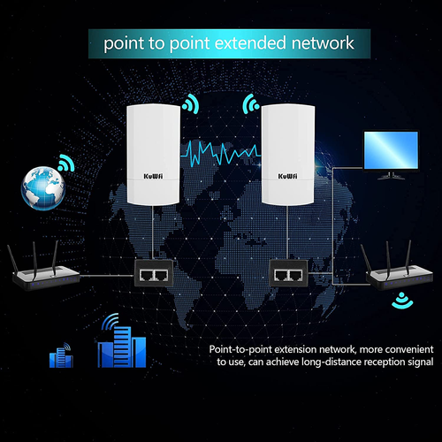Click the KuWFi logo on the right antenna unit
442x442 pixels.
pos(287,175)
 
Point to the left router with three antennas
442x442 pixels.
pos(45,277)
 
